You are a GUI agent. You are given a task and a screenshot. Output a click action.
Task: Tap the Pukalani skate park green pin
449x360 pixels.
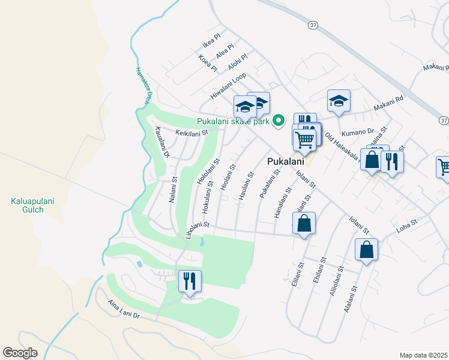[278, 121]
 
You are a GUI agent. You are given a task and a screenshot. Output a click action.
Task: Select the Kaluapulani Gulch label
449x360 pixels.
[32, 206]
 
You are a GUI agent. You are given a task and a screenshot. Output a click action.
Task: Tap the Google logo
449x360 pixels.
[20, 352]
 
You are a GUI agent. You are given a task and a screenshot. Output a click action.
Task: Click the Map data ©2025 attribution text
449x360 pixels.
[423, 355]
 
